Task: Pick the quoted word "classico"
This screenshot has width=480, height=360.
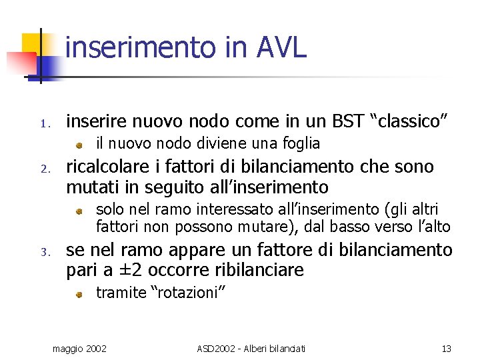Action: point(413,122)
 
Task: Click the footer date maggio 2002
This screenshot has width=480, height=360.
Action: point(80,348)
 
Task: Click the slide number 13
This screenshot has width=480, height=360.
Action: point(446,348)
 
